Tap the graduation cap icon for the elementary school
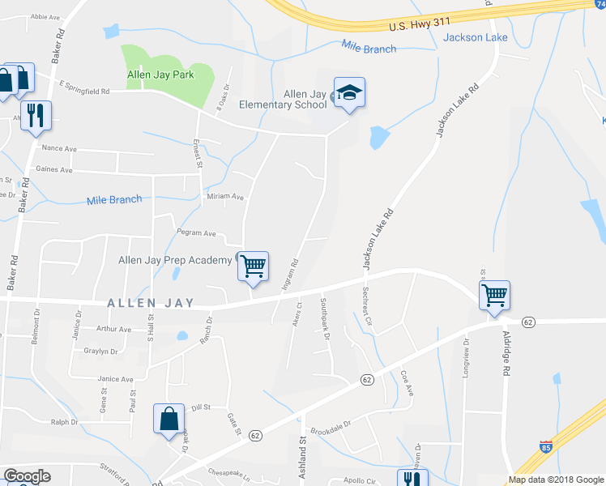click(x=349, y=94)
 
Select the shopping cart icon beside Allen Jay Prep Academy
click(x=254, y=266)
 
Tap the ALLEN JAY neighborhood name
click(x=151, y=303)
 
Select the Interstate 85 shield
click(x=547, y=446)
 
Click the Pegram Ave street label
click(x=197, y=233)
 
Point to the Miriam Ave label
click(x=226, y=197)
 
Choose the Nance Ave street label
click(x=58, y=148)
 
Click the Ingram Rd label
click(x=290, y=275)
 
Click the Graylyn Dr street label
click(x=101, y=352)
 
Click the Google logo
click(x=27, y=476)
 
